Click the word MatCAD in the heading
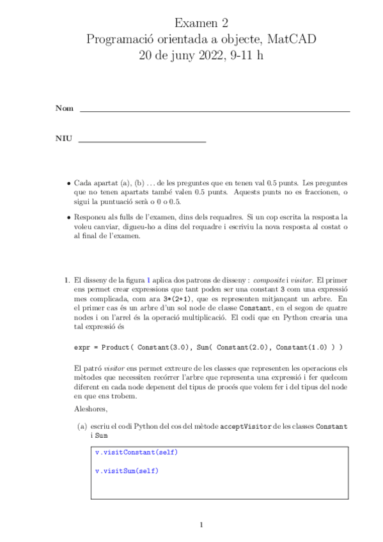tap(291, 40)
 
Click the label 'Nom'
tap(64, 108)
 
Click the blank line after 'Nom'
tap(214, 111)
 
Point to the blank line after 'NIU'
tap(141, 141)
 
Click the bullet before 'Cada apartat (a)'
tap(68, 183)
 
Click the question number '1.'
tap(66, 279)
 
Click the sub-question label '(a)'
tap(82, 426)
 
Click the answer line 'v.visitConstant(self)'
tap(136, 453)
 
